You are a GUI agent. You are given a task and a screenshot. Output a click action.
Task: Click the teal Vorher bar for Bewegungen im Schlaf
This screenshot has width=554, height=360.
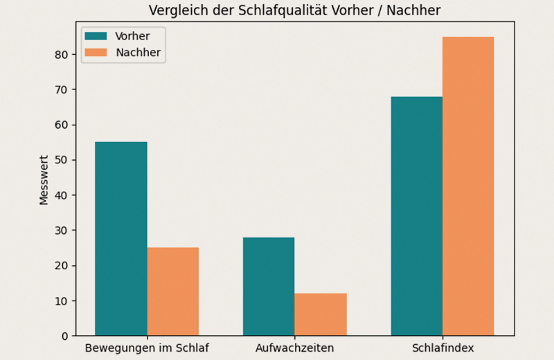click(120, 239)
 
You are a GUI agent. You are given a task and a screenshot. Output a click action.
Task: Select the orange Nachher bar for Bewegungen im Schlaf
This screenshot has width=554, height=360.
click(172, 291)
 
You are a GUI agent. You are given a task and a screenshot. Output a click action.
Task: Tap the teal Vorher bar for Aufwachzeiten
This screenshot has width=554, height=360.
click(269, 287)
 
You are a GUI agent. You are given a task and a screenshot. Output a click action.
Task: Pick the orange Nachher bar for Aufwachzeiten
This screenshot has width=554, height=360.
click(320, 315)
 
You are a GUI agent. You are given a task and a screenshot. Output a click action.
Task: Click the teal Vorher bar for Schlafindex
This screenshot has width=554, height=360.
click(417, 216)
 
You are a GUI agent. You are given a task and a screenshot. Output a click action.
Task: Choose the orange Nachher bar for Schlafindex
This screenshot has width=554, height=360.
click(468, 186)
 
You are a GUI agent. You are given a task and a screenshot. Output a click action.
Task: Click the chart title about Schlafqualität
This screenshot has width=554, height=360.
click(294, 10)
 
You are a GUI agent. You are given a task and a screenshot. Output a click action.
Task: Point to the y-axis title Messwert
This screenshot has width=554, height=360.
click(44, 179)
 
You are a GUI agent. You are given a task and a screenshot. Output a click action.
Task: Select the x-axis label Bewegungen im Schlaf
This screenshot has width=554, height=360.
click(147, 348)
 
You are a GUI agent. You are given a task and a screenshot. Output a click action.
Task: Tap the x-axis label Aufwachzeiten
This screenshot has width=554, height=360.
click(294, 348)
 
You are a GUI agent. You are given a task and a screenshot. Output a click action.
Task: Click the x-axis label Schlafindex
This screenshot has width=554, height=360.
click(443, 348)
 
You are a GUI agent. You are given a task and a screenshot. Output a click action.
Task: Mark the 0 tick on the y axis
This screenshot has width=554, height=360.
click(64, 336)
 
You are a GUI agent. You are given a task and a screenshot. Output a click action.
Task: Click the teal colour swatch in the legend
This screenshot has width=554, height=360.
click(97, 36)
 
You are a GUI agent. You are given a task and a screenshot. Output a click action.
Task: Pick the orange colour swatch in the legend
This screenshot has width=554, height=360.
click(97, 53)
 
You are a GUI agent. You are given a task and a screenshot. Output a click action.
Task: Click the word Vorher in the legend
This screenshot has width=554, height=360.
click(132, 36)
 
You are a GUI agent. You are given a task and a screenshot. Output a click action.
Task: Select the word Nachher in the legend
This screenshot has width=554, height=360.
click(138, 53)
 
